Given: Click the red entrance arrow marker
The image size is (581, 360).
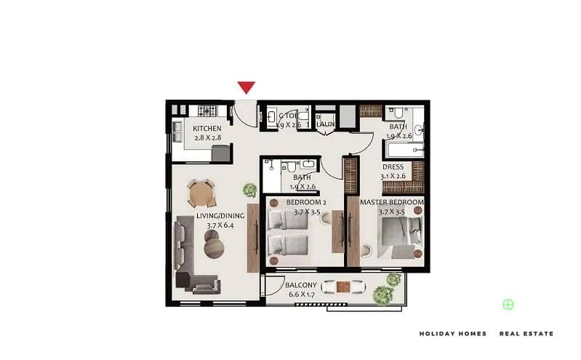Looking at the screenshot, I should tap(247, 88).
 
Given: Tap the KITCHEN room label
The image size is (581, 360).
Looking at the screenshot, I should tap(206, 129).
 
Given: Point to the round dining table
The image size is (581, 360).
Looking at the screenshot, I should tap(201, 193).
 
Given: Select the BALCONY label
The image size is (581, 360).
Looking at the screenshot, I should tap(300, 285).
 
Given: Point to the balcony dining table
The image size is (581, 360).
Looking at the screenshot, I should tap(344, 286).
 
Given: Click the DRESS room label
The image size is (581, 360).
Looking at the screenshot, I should tap(393, 167).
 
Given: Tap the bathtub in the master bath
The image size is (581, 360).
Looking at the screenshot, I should tap(404, 151).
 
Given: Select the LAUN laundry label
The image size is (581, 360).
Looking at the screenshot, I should tap(325, 124).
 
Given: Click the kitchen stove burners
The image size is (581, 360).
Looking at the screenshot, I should tap(207, 111).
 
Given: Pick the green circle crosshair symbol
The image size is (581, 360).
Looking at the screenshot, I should tap(508, 305).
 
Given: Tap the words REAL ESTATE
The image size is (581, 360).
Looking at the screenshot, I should tap(526, 334).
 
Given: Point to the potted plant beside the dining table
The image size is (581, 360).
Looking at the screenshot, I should tap(249, 190).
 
